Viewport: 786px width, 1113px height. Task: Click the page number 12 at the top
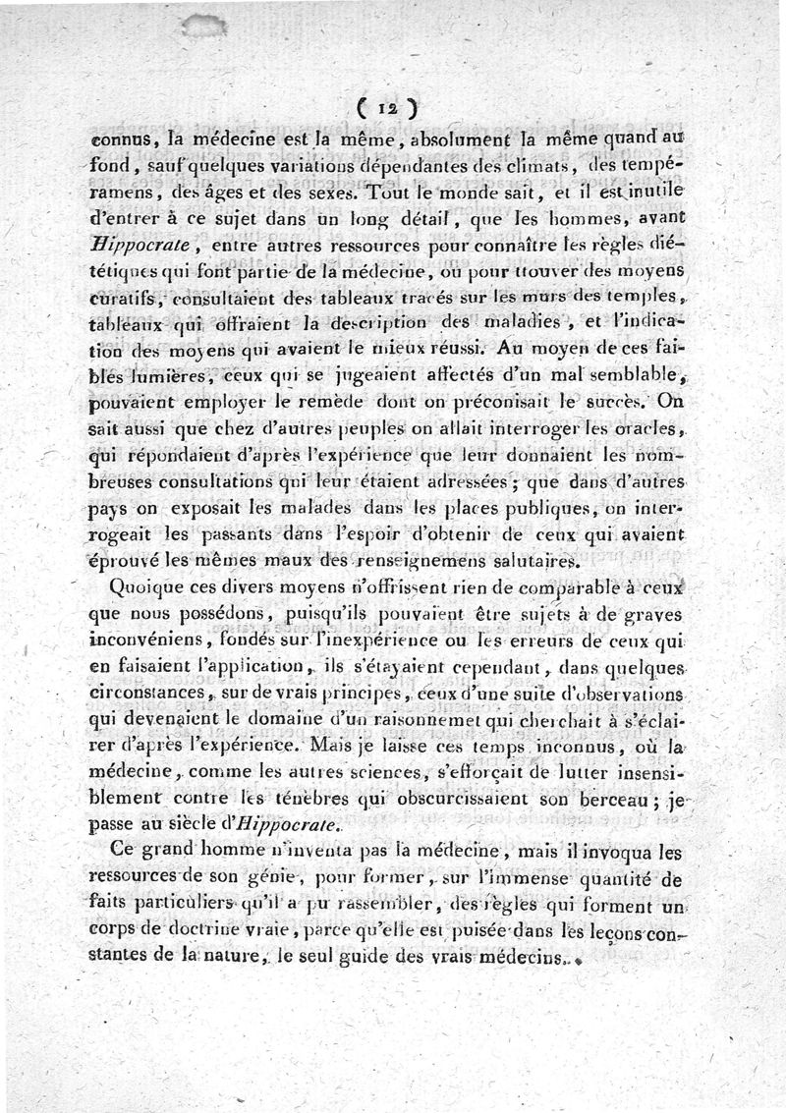(x=390, y=104)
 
